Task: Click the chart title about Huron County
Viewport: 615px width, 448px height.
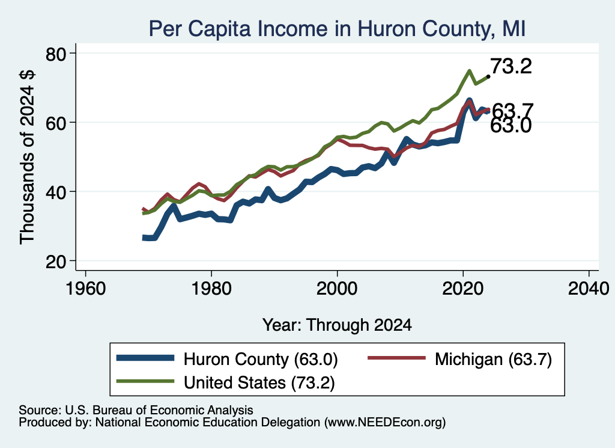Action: [337, 29]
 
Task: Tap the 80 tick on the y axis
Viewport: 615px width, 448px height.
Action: [56, 54]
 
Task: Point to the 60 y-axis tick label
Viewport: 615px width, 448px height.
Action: [56, 123]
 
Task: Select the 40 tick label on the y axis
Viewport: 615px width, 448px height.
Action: [56, 192]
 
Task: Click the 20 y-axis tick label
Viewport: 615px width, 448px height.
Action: [56, 262]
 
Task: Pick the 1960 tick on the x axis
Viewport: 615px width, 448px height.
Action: [85, 289]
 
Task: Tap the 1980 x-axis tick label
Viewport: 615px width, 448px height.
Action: [211, 289]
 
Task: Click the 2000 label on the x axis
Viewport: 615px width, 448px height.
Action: [337, 289]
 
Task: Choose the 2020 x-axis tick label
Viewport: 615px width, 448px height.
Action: [463, 289]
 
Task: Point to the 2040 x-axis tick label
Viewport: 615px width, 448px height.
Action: [589, 289]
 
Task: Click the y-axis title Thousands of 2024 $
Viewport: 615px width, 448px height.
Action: [27, 157]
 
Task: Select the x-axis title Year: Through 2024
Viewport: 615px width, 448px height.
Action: [337, 325]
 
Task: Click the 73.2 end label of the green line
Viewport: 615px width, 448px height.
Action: [511, 66]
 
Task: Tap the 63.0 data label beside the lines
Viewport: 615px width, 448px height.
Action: [511, 126]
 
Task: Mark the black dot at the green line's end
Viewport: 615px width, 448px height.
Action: [488, 76]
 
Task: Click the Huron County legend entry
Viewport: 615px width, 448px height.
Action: [228, 359]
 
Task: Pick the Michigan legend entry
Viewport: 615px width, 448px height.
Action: [459, 359]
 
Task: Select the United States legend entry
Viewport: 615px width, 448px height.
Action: [226, 382]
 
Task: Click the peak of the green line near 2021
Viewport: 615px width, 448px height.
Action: [469, 71]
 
